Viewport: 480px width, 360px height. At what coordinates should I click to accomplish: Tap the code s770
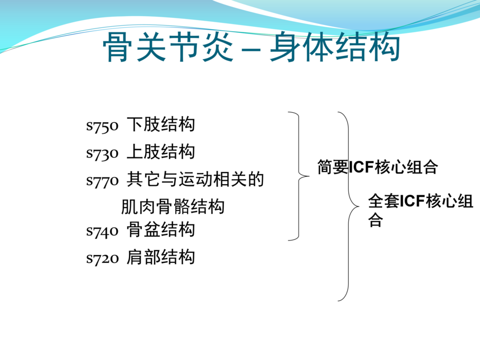[102, 181]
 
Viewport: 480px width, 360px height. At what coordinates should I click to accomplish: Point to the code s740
[102, 232]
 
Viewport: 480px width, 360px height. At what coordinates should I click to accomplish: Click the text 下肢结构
[161, 124]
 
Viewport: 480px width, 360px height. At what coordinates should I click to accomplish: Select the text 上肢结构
[161, 151]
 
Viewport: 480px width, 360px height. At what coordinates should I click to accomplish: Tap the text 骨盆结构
[161, 229]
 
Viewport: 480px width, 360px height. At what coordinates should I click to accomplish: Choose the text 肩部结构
[161, 257]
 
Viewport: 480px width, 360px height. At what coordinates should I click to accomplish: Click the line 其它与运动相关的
[195, 179]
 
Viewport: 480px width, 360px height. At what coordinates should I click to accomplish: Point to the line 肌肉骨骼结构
[173, 207]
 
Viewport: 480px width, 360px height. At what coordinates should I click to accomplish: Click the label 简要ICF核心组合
[377, 167]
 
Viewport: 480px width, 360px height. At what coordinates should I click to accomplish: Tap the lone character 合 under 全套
[376, 219]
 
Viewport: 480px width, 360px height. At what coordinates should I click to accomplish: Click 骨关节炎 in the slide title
[168, 47]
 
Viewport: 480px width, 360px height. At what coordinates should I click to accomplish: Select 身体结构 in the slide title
[335, 47]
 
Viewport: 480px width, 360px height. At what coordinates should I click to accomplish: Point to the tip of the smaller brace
[309, 176]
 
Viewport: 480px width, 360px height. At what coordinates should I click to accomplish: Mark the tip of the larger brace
[359, 207]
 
